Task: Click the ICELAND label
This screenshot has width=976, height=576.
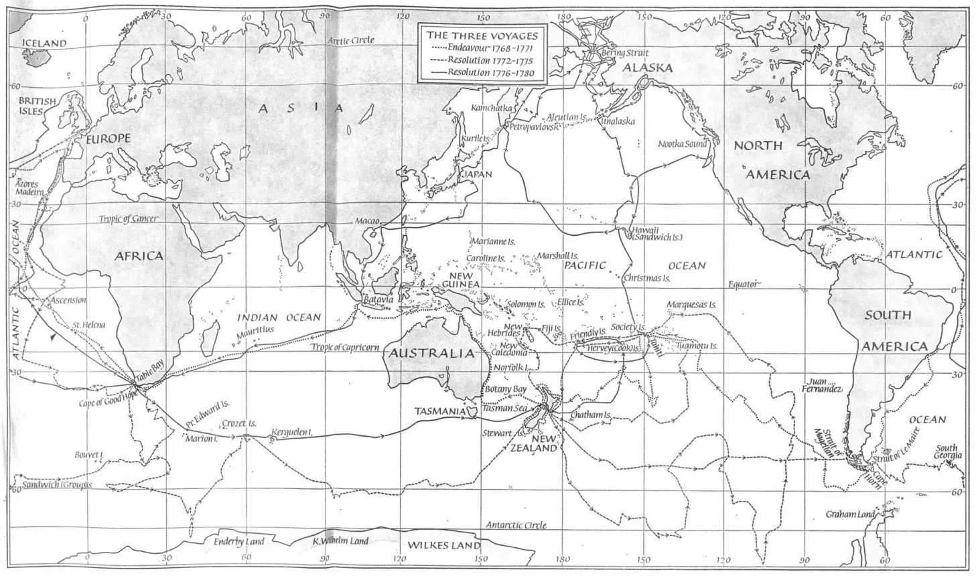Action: coord(45,43)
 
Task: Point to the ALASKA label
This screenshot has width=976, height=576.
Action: coord(647,68)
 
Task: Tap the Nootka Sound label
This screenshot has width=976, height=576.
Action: coord(683,143)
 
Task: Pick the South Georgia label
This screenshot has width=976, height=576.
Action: coord(947,451)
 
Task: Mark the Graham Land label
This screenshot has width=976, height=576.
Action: coord(850,514)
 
